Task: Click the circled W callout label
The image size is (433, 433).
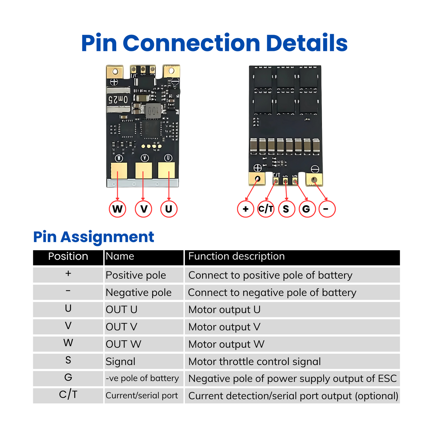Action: pos(117,209)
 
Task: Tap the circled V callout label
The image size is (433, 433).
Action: pos(144,209)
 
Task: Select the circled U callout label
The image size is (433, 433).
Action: pos(169,209)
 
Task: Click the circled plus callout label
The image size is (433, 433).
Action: pos(246,209)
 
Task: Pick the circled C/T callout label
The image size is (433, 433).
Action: pos(266,209)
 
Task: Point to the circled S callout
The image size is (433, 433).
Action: pos(286,209)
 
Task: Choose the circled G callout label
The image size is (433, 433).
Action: pos(307,209)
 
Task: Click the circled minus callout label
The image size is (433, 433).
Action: pos(327,209)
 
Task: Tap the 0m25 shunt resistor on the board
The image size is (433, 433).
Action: pos(118,100)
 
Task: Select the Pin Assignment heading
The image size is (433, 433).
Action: pos(93,237)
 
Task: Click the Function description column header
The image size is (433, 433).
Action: pos(236,257)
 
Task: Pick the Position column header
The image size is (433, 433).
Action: pos(68,257)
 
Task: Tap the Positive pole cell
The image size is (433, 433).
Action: pos(136,275)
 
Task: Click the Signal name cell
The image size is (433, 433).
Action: pos(120,361)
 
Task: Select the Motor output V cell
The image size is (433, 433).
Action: pos(224,327)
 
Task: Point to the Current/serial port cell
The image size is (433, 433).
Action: pos(142,396)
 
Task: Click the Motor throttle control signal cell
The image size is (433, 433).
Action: pos(254,361)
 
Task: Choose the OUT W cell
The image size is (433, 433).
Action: pos(123,344)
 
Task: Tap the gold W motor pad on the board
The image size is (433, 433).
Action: pos(119,171)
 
